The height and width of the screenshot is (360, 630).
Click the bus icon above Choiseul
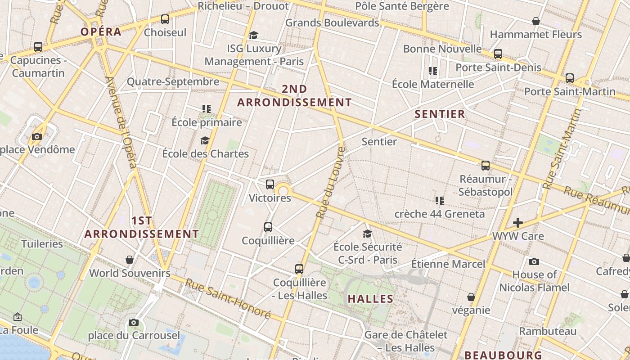pyautogui.click(x=165, y=19)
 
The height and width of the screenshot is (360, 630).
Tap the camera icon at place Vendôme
pyautogui.click(x=37, y=136)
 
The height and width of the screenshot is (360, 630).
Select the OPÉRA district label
pyautogui.click(x=101, y=31)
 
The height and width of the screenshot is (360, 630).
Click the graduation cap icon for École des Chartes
pyautogui.click(x=205, y=141)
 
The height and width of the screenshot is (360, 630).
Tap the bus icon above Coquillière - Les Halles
pyautogui.click(x=299, y=269)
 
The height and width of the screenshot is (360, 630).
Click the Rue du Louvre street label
pyautogui.click(x=330, y=182)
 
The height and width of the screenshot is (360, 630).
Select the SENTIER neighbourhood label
pyautogui.click(x=440, y=114)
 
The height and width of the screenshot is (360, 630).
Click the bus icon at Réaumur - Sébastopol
pyautogui.click(x=486, y=165)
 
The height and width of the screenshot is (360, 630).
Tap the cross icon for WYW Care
pyautogui.click(x=518, y=223)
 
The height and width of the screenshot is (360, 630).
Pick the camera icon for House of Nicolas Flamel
pyautogui.click(x=534, y=261)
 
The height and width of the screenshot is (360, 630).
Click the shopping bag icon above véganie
pyautogui.click(x=471, y=297)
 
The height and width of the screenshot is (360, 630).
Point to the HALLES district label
pyautogui.click(x=371, y=298)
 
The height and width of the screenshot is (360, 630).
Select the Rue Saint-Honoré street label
pyautogui.click(x=228, y=299)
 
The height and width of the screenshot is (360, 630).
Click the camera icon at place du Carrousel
pyautogui.click(x=134, y=322)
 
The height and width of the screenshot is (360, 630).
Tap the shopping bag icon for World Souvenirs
pyautogui.click(x=130, y=260)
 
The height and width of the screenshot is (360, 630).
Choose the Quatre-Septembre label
pyautogui.click(x=173, y=81)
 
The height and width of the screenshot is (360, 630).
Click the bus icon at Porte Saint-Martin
pyautogui.click(x=570, y=78)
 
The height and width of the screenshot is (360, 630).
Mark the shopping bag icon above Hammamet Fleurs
pyautogui.click(x=536, y=21)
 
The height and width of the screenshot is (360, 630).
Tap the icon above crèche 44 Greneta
pyautogui.click(x=440, y=200)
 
